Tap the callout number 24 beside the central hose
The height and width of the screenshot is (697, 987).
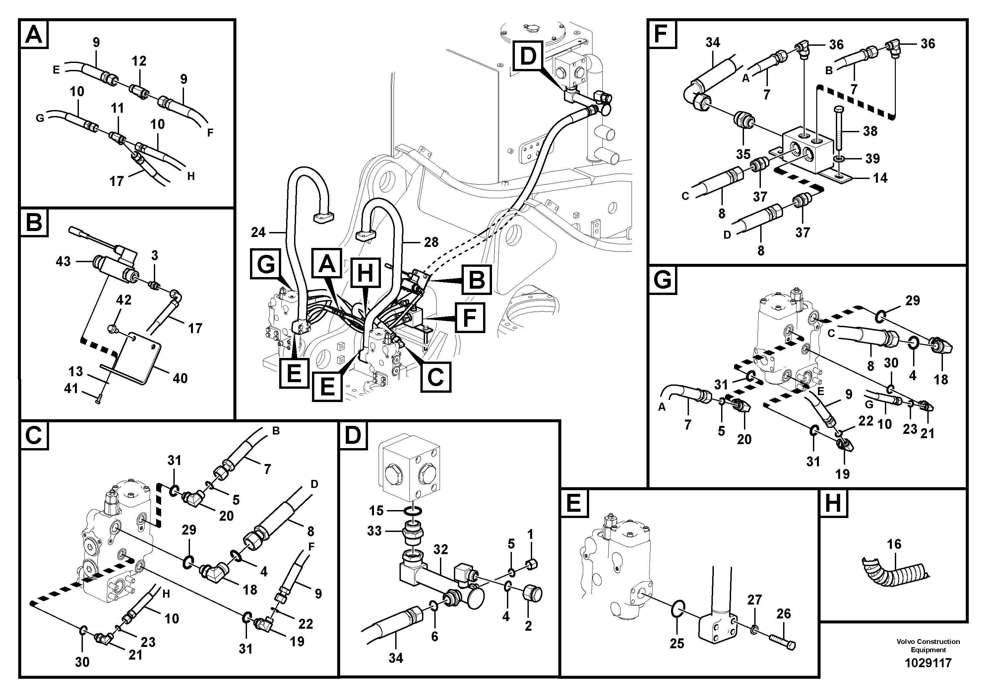[x=258, y=232]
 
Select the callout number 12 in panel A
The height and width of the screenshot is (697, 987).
[x=139, y=61]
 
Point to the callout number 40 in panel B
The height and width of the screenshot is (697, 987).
[x=180, y=378]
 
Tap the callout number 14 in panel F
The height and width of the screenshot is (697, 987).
[x=880, y=178]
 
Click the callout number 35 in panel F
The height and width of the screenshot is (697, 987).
[x=743, y=154]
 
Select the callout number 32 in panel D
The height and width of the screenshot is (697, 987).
[x=441, y=549]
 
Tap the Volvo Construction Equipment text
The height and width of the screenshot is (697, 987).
[x=928, y=645]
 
